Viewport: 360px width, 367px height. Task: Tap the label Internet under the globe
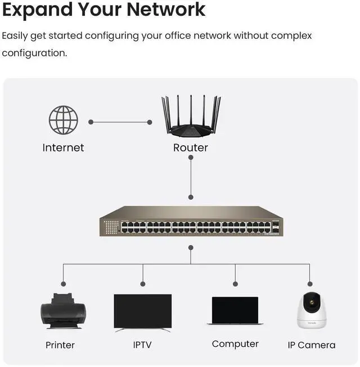click(x=63, y=148)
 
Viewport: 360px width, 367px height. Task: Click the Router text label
click(x=191, y=148)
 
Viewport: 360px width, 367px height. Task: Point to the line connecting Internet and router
click(x=120, y=122)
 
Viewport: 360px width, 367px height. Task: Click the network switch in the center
click(x=191, y=221)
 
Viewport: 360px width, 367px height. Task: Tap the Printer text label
click(x=60, y=345)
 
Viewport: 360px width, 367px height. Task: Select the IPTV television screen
click(x=142, y=311)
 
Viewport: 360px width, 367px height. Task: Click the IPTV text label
click(x=142, y=344)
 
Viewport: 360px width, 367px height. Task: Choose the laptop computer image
click(x=235, y=311)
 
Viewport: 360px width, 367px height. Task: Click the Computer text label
click(x=235, y=344)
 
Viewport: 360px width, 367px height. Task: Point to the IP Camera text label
click(x=311, y=345)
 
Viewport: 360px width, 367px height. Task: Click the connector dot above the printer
click(x=64, y=284)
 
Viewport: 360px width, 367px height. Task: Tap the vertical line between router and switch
click(x=191, y=177)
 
